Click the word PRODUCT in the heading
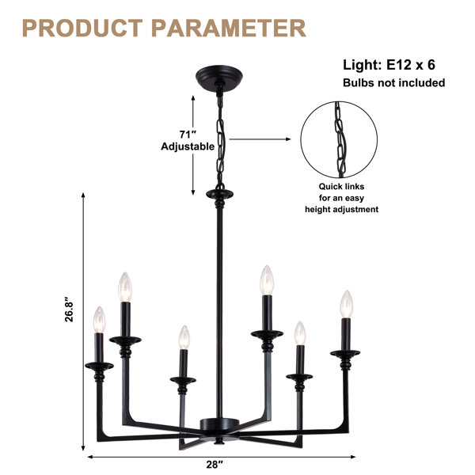[82, 28]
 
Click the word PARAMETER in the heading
[229, 28]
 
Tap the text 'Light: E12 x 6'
[389, 65]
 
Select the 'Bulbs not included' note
[393, 82]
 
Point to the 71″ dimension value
[188, 135]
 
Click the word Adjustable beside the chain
[188, 146]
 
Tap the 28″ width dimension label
[215, 465]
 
